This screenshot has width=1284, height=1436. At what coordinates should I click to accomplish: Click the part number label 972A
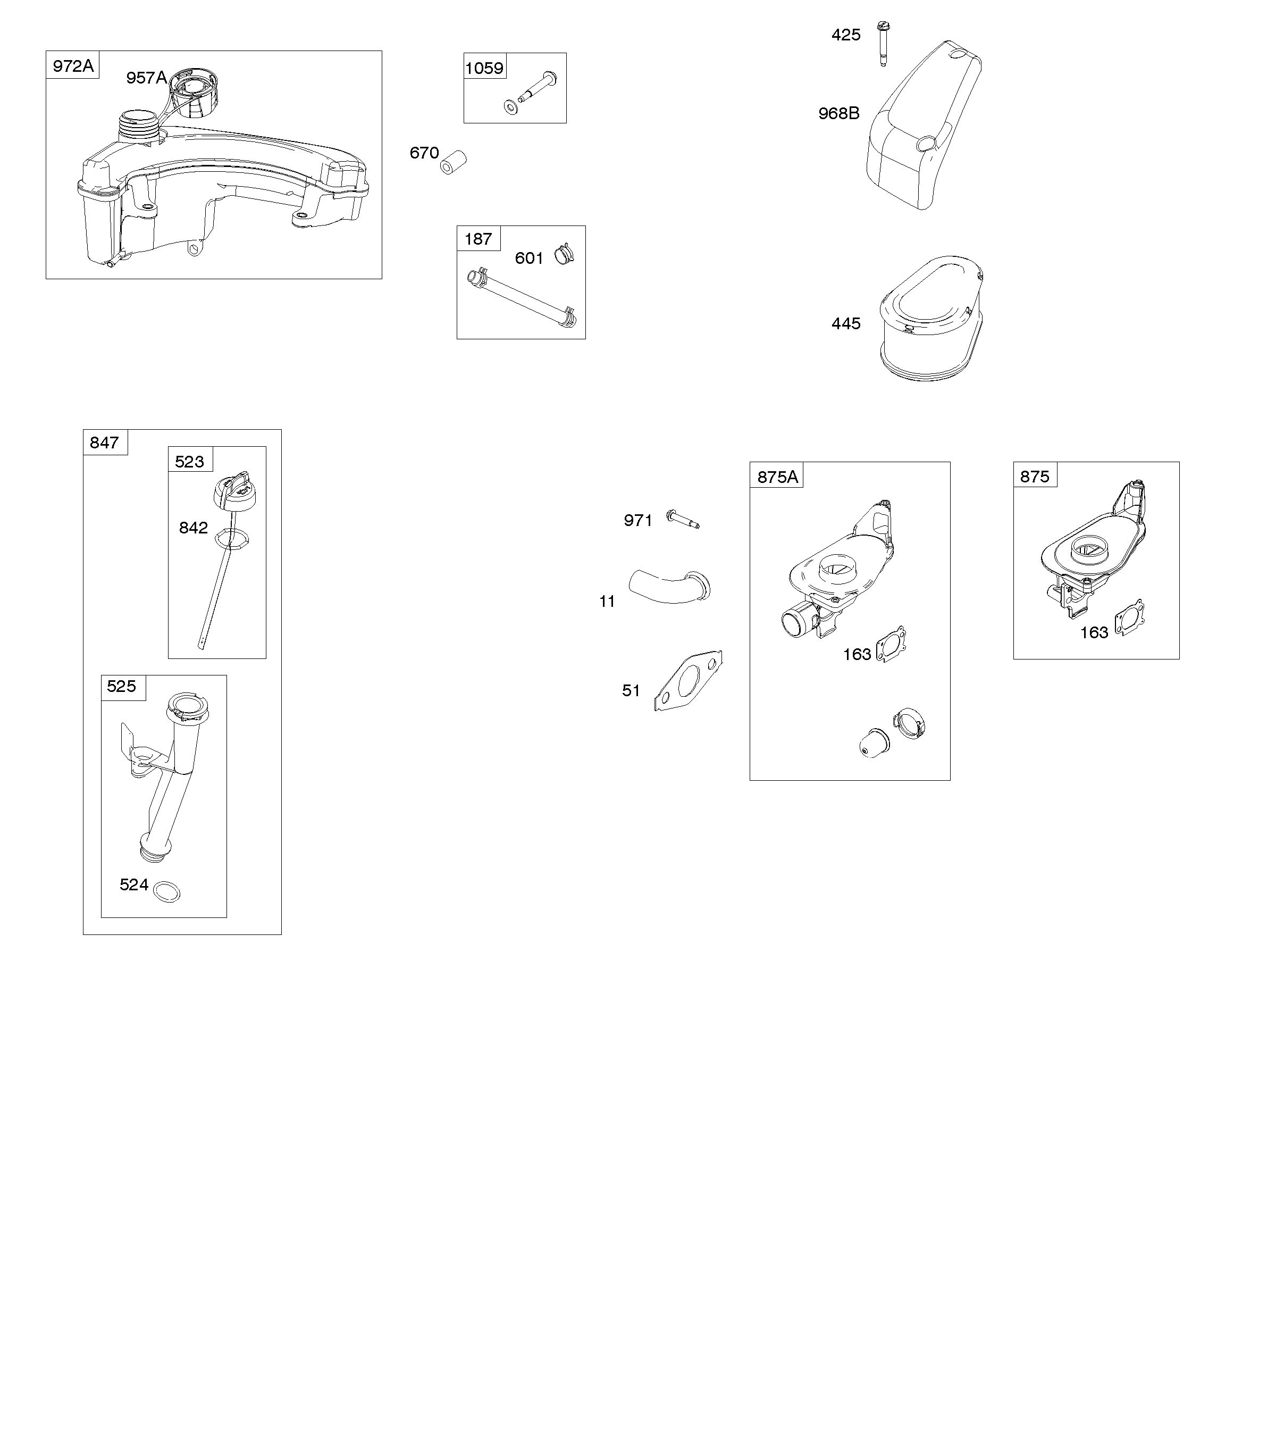point(73,65)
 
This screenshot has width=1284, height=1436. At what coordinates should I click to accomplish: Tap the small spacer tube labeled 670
point(453,162)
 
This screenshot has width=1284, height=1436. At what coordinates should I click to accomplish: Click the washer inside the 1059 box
point(509,106)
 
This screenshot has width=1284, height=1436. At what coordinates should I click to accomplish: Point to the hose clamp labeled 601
point(564,252)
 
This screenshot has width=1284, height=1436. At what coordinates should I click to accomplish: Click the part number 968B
point(839,113)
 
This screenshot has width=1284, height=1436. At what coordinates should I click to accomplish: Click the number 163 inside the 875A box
point(857,654)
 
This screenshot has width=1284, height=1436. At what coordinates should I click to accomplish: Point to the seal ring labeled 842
point(231,538)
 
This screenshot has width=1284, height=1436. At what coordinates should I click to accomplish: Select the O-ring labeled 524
point(166,891)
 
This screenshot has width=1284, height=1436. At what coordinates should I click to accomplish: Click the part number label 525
point(121,686)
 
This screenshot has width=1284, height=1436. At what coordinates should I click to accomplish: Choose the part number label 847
point(104,443)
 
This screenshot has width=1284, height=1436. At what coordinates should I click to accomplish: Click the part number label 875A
point(777,477)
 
